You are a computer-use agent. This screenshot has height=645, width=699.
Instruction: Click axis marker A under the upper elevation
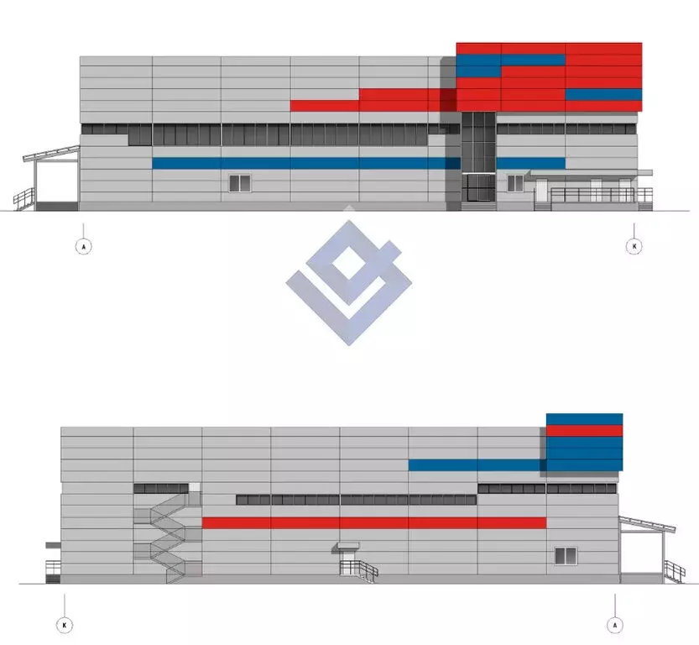point(83,246)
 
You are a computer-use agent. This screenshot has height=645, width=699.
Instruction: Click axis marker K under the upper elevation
point(634,246)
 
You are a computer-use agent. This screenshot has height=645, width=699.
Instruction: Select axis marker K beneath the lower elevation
point(65,625)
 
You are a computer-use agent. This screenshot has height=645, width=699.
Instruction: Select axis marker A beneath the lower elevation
point(615,625)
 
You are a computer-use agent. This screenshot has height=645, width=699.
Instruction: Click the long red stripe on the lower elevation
point(374,522)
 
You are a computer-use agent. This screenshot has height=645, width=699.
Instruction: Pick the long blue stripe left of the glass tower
point(306,163)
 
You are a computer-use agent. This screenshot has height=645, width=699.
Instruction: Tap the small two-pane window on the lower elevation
point(566,556)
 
